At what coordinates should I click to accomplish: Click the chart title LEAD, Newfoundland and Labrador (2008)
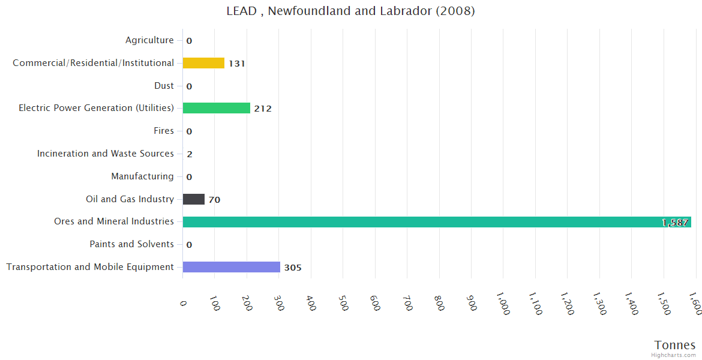pyautogui.click(x=350, y=11)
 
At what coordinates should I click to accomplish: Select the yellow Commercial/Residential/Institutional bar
pyautogui.click(x=203, y=63)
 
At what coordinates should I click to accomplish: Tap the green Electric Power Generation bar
pyautogui.click(x=216, y=108)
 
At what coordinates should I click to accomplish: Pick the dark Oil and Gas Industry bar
pyautogui.click(x=193, y=199)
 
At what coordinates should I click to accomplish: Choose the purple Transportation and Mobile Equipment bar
pyautogui.click(x=231, y=267)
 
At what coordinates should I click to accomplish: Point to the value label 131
pyautogui.click(x=237, y=64)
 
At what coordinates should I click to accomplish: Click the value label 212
pyautogui.click(x=263, y=109)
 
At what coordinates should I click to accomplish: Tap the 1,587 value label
pyautogui.click(x=675, y=223)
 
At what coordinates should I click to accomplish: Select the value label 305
pyautogui.click(x=293, y=268)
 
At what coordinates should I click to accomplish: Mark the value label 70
pyautogui.click(x=214, y=200)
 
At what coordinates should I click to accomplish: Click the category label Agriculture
pyautogui.click(x=149, y=40)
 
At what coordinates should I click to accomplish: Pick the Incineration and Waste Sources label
pyautogui.click(x=106, y=154)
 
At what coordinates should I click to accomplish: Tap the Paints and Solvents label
pyautogui.click(x=131, y=244)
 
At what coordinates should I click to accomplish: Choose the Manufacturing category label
pyautogui.click(x=142, y=176)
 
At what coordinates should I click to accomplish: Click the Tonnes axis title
pyautogui.click(x=675, y=345)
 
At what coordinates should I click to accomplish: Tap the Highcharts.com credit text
pyautogui.click(x=674, y=355)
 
